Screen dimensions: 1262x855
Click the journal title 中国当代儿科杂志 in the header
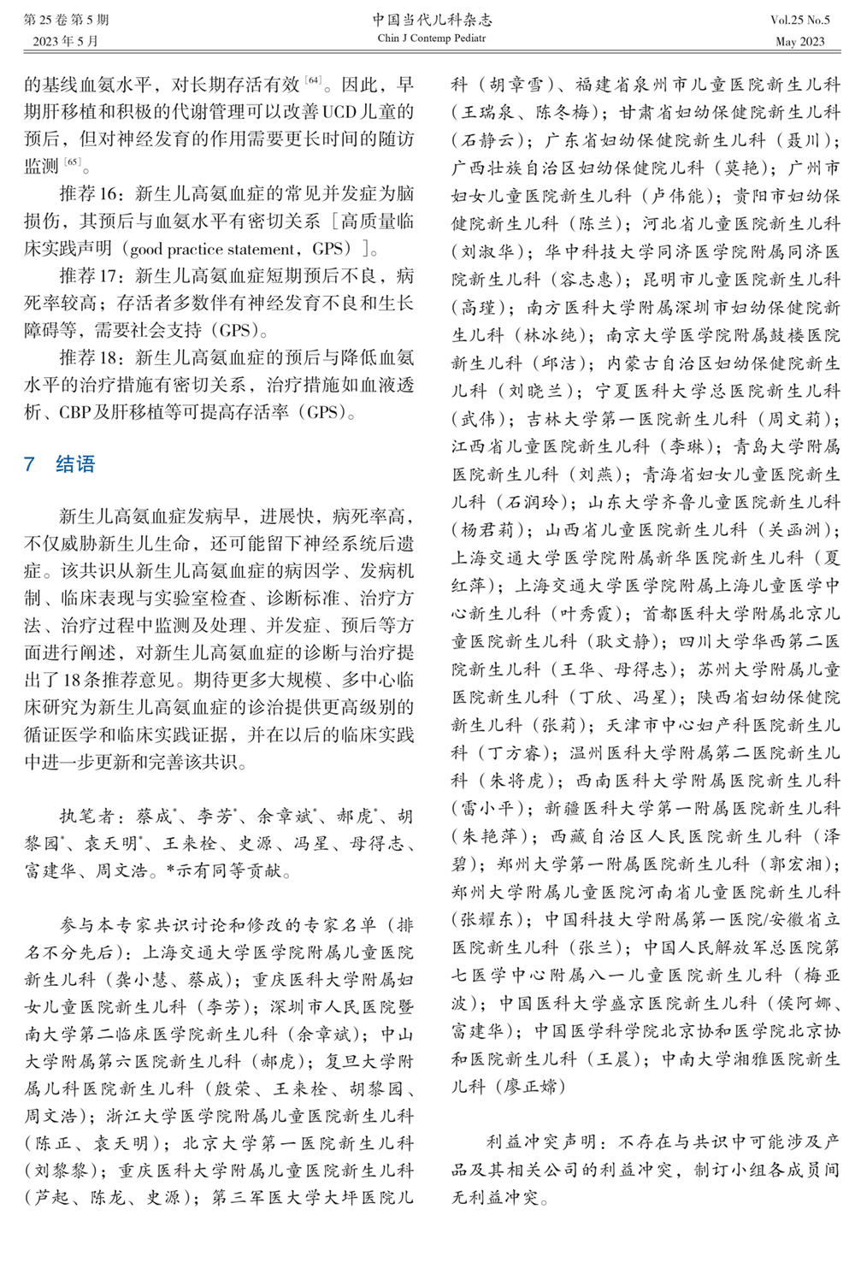[x=432, y=20]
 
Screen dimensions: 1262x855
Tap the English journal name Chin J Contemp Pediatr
[x=432, y=38]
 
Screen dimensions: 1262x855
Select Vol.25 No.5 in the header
[x=799, y=21]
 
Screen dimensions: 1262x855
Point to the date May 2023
[x=799, y=41]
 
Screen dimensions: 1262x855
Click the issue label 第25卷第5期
[x=66, y=20]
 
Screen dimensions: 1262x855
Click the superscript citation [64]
[x=313, y=80]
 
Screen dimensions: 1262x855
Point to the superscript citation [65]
[x=73, y=162]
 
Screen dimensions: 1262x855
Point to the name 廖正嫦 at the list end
[x=528, y=1087]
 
